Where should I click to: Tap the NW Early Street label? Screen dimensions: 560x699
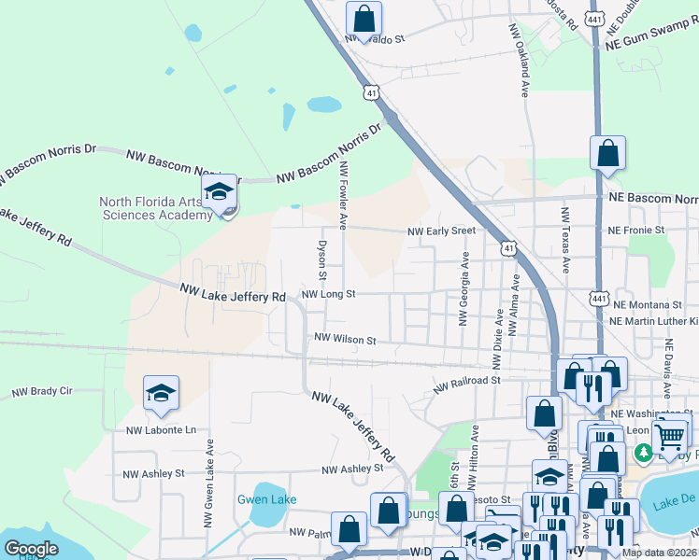click(x=440, y=231)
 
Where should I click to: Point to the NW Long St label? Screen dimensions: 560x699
click(x=328, y=294)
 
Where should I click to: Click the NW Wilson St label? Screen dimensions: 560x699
click(x=345, y=340)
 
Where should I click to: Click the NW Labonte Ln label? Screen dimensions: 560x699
click(x=162, y=430)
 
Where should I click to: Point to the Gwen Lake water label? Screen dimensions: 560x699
click(x=266, y=499)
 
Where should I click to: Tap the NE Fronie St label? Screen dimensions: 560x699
click(x=635, y=230)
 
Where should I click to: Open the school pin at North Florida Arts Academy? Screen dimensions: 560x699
click(x=220, y=193)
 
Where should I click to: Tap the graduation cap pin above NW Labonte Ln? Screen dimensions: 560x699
click(x=161, y=394)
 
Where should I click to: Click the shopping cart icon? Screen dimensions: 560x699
click(x=669, y=434)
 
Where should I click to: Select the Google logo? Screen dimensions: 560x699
click(x=31, y=549)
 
